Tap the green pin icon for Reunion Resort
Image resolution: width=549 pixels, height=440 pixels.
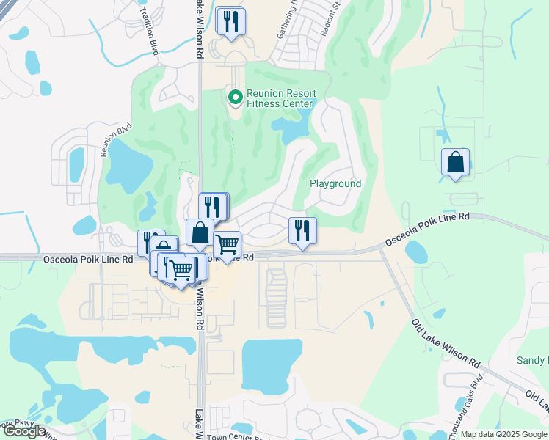235,96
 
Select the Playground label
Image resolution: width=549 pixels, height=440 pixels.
335,183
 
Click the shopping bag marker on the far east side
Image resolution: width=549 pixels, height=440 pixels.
456,162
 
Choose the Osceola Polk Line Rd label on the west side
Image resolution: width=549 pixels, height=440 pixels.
88,259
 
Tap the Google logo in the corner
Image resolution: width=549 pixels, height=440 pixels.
23,431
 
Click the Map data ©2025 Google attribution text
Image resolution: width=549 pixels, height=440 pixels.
503,434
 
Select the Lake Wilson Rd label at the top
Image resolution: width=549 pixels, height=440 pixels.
198,29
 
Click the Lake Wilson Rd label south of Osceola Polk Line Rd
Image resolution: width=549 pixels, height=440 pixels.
199,307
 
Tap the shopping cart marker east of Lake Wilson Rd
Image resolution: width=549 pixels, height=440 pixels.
227,245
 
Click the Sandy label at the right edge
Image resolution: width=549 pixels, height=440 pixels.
532,360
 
